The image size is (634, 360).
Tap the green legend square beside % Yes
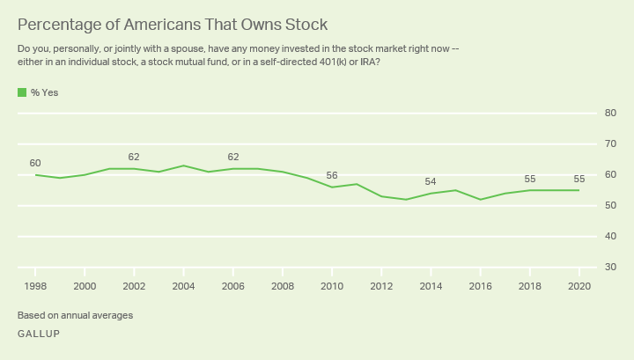[x=21, y=92]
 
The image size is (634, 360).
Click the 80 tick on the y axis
[x=609, y=113]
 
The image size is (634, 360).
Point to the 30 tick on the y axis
[x=609, y=268]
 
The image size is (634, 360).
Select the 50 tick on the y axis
[x=609, y=206]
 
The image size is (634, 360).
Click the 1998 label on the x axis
[x=35, y=285]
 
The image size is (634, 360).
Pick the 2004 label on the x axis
[x=183, y=285]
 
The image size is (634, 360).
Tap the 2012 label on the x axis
[x=380, y=285]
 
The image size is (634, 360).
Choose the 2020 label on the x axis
[x=578, y=285]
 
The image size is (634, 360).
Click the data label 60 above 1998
[x=35, y=163]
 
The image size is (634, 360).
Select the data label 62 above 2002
[x=134, y=157]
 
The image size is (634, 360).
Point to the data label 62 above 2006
[x=232, y=157]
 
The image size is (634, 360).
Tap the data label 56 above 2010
[x=331, y=175]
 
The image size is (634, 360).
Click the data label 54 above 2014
[x=430, y=181]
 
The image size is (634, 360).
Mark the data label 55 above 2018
[x=528, y=179]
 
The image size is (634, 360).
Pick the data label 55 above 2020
[x=578, y=179]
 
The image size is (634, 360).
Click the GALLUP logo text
[x=39, y=334]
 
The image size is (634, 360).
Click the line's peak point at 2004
[x=183, y=165]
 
